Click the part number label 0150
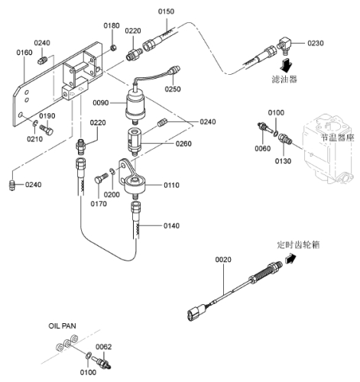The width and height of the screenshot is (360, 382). pyautogui.click(x=166, y=11)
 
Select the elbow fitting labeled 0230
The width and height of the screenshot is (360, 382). pyautogui.click(x=284, y=45)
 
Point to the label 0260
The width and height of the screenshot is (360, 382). pyautogui.click(x=183, y=144)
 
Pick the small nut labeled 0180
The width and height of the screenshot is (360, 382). pyautogui.click(x=114, y=47)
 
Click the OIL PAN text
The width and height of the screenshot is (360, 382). pyautogui.click(x=62, y=325)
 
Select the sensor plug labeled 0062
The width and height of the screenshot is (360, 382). pyautogui.click(x=102, y=362)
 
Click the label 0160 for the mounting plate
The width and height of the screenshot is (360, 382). pyautogui.click(x=24, y=53)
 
